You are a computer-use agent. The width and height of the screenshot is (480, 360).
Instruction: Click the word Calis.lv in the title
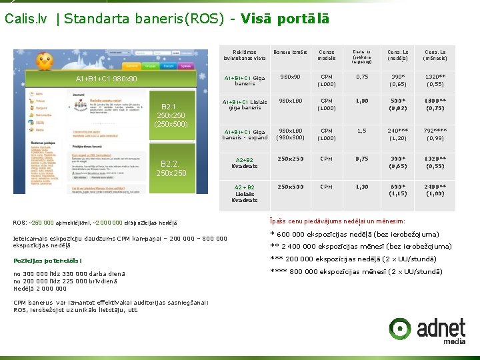coord(27,19)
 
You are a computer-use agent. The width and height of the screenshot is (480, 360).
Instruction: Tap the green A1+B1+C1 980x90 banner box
coord(107,79)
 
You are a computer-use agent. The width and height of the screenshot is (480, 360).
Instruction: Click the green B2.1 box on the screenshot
coord(171,115)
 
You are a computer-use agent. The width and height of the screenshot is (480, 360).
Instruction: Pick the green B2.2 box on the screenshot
coord(171,168)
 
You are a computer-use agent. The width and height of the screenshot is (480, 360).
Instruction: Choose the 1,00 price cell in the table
coord(362,101)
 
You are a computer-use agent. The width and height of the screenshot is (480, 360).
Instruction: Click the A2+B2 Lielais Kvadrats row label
coord(245,193)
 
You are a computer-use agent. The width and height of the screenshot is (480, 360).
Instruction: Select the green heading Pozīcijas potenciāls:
coord(47,261)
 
